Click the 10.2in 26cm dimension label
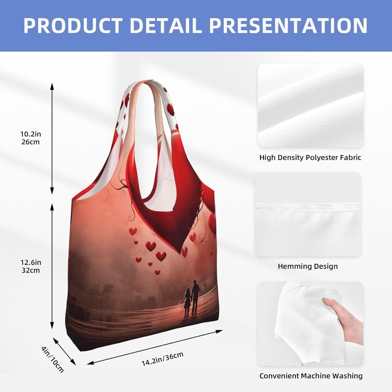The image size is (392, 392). [x=30, y=138]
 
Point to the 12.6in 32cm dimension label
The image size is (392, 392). [x=30, y=266]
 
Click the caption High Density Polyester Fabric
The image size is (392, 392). [x=310, y=157]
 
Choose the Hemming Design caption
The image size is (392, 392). [x=308, y=266]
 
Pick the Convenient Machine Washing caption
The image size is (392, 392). [x=311, y=376]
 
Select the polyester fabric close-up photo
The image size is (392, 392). [x=310, y=106]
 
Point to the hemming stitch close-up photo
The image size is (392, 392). [x=308, y=214]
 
